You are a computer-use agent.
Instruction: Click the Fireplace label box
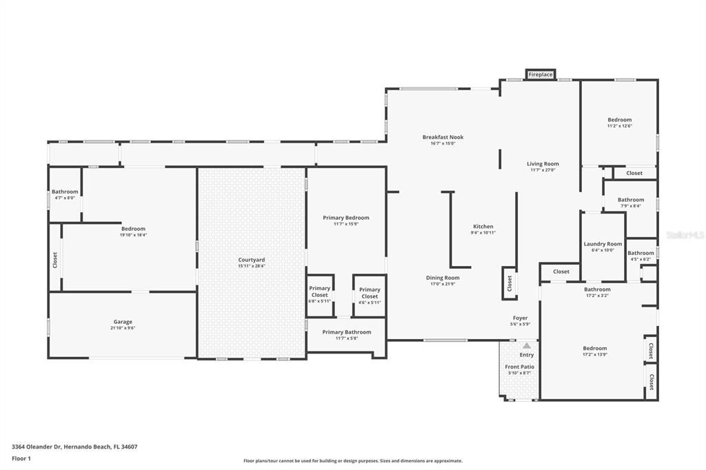541,74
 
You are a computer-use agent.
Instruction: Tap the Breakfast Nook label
443,137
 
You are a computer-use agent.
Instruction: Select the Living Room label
543,164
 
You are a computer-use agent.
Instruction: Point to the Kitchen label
483,227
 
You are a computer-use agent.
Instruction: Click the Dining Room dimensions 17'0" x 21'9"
443,284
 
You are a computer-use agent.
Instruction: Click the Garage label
123,322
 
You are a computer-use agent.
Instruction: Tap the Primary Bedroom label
345,218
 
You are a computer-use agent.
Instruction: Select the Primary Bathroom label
347,332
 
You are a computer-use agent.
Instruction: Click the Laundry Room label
603,244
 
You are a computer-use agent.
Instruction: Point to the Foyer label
520,318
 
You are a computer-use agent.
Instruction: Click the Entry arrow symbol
527,346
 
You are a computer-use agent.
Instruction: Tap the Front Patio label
519,367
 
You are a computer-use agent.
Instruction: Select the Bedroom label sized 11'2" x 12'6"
619,120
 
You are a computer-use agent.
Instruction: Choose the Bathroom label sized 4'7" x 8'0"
65,192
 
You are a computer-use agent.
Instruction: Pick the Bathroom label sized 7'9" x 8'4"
630,200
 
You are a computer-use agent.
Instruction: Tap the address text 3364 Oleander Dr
37,447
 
